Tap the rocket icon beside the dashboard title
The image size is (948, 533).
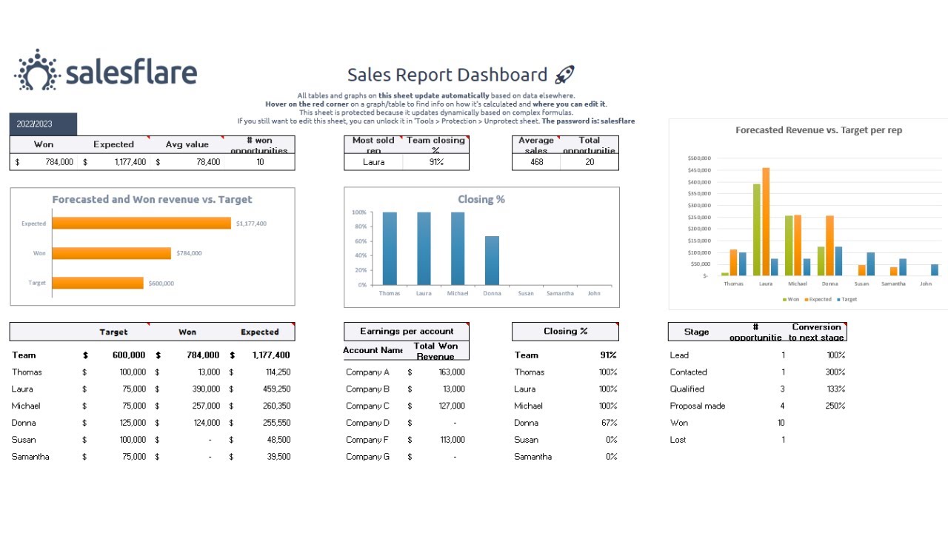[x=564, y=75]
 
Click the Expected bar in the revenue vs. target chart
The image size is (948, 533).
[x=141, y=224]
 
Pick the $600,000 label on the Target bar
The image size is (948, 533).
[x=161, y=283]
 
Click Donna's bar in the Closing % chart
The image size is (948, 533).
[x=492, y=260]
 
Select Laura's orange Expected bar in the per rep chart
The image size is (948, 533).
[x=766, y=221]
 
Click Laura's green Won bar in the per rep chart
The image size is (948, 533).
[x=756, y=229]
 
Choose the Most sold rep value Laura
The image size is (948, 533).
[x=373, y=162]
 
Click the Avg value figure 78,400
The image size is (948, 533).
[x=207, y=162]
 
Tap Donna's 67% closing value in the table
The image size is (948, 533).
[x=609, y=423]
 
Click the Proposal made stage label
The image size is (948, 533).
[x=697, y=406]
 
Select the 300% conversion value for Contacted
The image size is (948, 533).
[x=835, y=372]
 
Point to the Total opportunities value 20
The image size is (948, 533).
[x=590, y=162]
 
